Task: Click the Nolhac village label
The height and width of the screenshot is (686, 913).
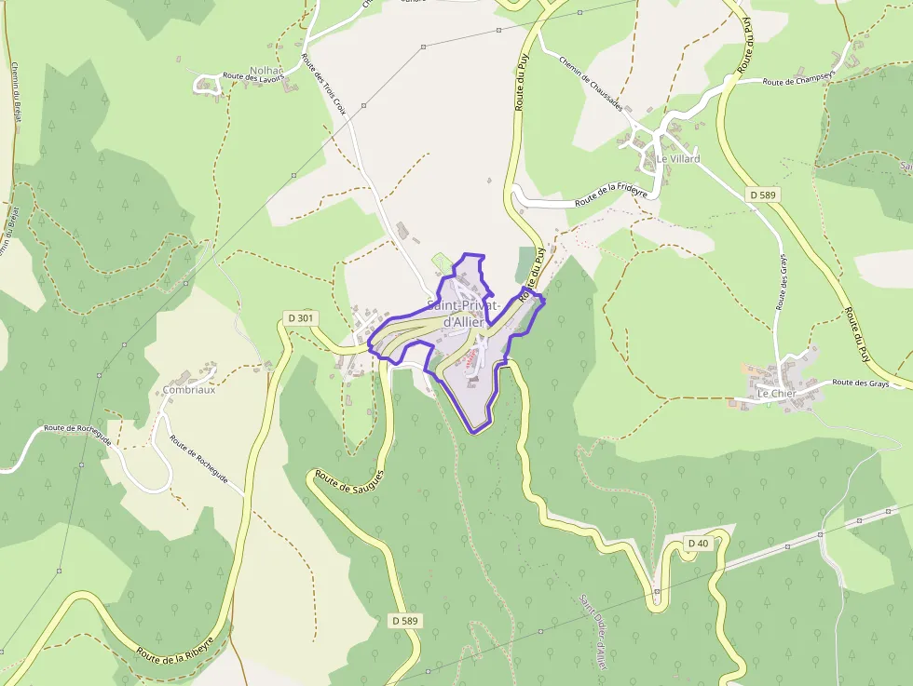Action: coord(266,71)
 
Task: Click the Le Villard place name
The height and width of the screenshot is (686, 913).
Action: coord(677,159)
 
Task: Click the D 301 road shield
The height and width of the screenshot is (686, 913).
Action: coord(301,318)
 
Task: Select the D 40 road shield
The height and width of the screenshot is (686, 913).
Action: coord(697,543)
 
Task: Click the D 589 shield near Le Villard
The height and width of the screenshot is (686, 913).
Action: coord(763,195)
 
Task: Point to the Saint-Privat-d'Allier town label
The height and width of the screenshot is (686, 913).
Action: coord(465,314)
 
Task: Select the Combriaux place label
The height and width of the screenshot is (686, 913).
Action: coord(189,390)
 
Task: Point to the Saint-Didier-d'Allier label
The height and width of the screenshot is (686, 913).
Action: coord(593,633)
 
